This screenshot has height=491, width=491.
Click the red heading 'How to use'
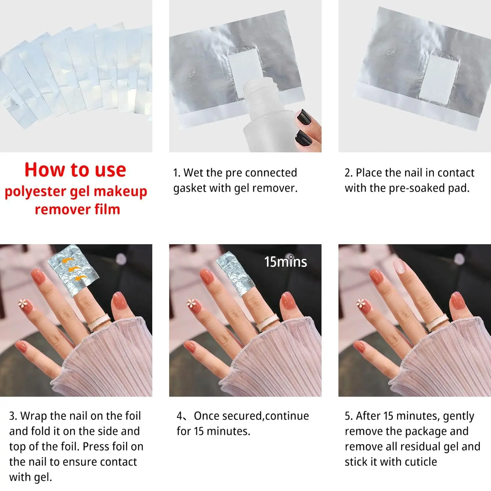[75, 170]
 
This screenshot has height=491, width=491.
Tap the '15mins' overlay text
[285, 262]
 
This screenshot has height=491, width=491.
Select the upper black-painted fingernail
[304, 116]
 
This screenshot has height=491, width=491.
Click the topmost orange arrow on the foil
[68, 260]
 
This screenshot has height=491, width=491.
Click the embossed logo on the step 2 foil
[391, 52]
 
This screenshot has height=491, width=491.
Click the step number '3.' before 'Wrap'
[13, 416]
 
